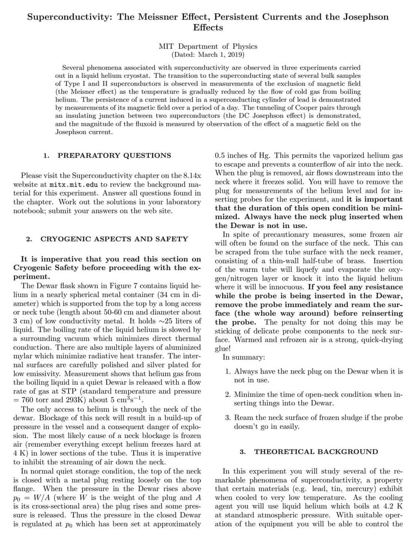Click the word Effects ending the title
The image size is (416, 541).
click(x=208, y=28)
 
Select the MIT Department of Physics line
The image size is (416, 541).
click(x=208, y=46)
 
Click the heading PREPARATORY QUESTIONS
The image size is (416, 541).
click(x=114, y=155)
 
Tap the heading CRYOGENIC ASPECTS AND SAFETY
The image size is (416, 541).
click(x=114, y=239)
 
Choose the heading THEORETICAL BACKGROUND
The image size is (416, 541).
click(x=316, y=452)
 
